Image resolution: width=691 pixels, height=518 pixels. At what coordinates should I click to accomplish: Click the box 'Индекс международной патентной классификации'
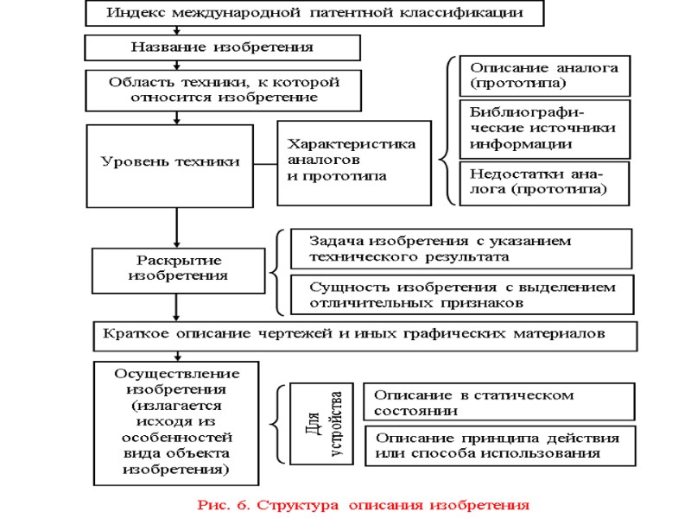click(316, 14)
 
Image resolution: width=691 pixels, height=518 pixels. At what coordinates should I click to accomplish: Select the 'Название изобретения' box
click(222, 47)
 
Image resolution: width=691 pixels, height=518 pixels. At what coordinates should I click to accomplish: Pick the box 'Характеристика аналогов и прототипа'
click(353, 161)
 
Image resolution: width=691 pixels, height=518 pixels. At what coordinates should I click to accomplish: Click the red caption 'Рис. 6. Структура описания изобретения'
click(361, 503)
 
